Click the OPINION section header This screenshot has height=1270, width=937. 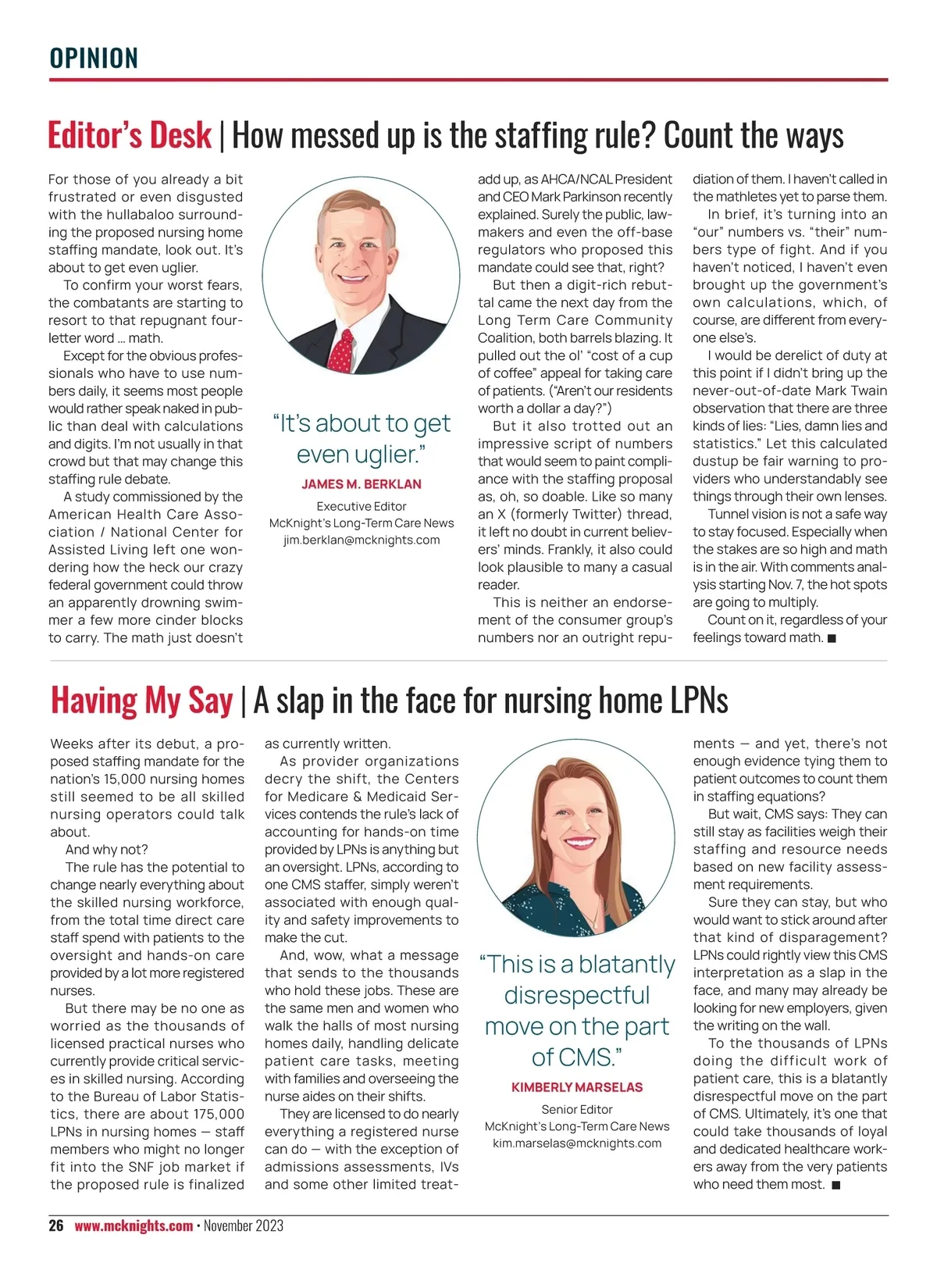tap(94, 59)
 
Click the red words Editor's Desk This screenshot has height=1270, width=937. tap(130, 135)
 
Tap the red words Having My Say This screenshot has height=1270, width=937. tap(141, 700)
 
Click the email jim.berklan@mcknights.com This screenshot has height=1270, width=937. tap(362, 540)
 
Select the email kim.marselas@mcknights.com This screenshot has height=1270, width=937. tap(577, 1143)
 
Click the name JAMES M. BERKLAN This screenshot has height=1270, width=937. tap(362, 484)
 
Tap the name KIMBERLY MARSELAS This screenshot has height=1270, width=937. tap(577, 1087)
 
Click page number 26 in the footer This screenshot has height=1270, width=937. tap(56, 1225)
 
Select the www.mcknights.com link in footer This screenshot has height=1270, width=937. tap(134, 1225)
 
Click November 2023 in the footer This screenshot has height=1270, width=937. tap(244, 1225)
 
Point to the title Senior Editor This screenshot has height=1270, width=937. tap(577, 1109)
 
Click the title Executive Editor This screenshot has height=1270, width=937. tap(362, 506)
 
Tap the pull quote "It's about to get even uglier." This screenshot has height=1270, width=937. tap(362, 438)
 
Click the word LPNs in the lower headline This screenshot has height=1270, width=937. tap(699, 700)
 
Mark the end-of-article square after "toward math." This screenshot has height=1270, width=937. tap(832, 638)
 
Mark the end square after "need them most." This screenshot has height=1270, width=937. tap(835, 1185)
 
